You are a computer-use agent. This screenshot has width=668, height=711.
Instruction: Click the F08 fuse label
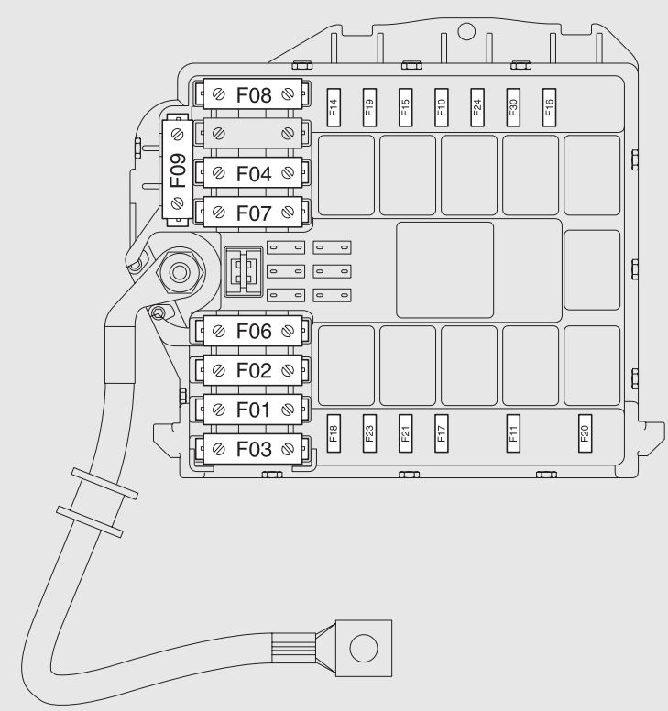click(x=254, y=93)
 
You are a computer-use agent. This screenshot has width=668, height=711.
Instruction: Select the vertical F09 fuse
click(x=177, y=170)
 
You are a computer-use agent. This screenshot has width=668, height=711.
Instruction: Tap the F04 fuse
click(x=254, y=172)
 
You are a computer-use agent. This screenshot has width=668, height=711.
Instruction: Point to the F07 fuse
click(x=254, y=213)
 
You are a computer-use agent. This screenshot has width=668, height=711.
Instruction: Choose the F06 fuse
click(x=254, y=331)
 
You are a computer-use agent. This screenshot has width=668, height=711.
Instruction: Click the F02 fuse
click(x=254, y=370)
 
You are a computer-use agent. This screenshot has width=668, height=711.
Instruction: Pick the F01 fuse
click(x=254, y=410)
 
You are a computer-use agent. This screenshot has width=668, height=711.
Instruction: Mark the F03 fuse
click(x=254, y=449)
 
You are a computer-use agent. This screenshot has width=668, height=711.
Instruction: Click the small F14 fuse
click(x=334, y=106)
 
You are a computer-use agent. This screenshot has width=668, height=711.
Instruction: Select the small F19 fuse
click(x=369, y=106)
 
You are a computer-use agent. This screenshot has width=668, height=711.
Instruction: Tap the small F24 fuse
click(x=477, y=106)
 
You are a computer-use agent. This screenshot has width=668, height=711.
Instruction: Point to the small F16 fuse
click(x=550, y=106)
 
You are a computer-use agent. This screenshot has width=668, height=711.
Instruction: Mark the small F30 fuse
click(x=513, y=106)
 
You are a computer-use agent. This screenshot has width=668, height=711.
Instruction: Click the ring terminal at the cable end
click(x=364, y=648)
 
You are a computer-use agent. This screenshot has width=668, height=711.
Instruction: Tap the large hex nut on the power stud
click(x=178, y=272)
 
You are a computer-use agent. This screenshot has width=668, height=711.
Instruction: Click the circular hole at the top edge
click(x=465, y=31)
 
